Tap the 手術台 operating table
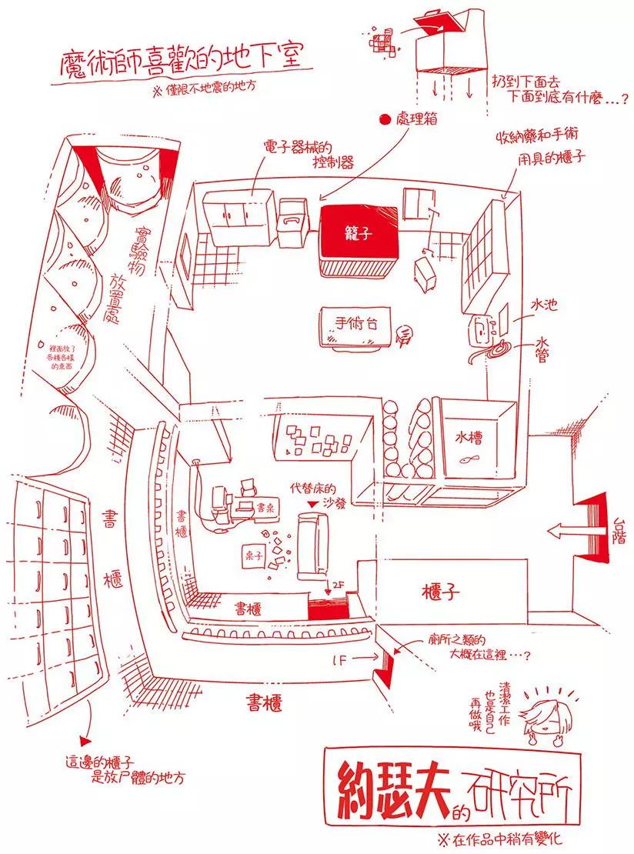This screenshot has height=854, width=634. [x=351, y=324]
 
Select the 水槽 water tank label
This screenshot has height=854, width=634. [x=468, y=431]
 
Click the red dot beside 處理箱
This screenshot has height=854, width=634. [x=383, y=119]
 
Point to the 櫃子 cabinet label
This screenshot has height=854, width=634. [x=442, y=592]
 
